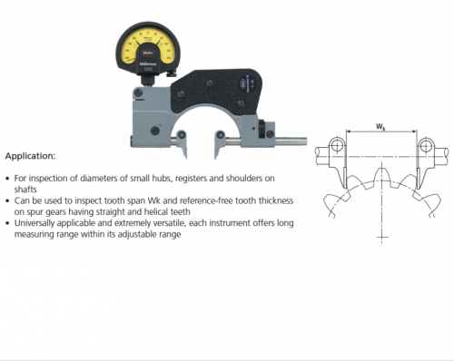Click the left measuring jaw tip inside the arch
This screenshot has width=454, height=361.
[x=169, y=141]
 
